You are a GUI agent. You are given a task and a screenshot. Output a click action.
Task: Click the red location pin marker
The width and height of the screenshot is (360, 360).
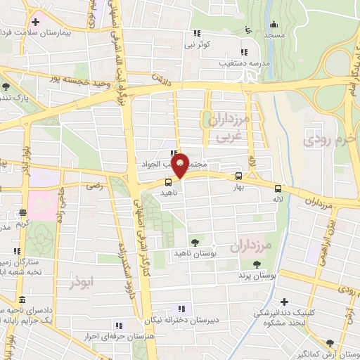pos(181,164)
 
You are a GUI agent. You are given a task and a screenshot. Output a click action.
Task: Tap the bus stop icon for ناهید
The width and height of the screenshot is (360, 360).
pos(167,181)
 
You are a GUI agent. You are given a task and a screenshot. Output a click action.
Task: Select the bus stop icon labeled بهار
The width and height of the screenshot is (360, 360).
pos(239,176)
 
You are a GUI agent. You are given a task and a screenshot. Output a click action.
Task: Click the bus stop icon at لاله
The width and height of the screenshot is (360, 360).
pos(279,188)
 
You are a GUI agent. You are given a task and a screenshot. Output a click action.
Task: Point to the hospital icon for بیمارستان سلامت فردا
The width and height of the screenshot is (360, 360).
pos(35,22)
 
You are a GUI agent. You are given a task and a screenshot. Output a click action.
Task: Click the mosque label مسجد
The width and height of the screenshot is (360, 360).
pos(275,34)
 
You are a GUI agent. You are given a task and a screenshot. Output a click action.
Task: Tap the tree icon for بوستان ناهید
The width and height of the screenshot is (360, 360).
pos(195,241)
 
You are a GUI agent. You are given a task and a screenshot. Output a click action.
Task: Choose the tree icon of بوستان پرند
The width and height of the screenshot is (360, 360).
pos(256,264)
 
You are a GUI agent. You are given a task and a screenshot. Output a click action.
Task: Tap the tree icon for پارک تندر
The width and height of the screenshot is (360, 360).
pos(6,87)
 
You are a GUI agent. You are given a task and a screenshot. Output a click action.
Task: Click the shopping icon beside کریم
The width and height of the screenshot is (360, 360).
pos(23,212)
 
